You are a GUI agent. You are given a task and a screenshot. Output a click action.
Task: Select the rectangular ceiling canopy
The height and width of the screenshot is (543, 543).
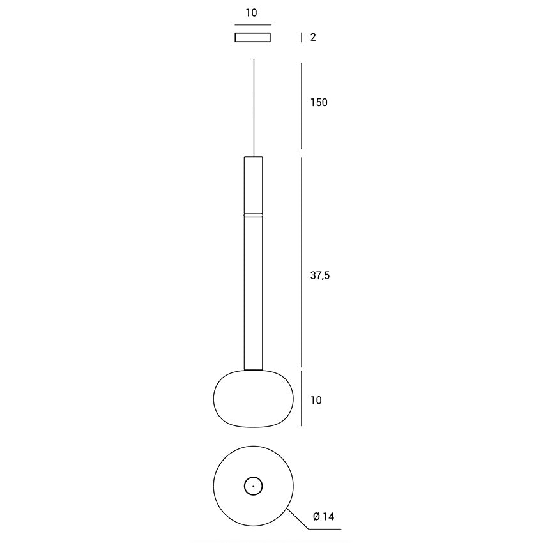click(x=253, y=37)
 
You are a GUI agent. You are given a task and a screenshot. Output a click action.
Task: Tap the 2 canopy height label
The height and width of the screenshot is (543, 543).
click(x=313, y=37)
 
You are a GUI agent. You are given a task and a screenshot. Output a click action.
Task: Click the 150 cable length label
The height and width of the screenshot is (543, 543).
click(x=319, y=102)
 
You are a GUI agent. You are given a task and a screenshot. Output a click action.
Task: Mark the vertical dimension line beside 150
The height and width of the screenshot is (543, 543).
click(x=302, y=105)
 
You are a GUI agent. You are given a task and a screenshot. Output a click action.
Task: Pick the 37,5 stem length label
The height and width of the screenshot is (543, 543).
click(x=320, y=275)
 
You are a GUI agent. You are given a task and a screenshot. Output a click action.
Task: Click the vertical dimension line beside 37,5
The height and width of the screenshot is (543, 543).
click(x=302, y=262)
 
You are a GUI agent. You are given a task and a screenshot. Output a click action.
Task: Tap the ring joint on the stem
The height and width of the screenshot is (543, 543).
click(x=254, y=214)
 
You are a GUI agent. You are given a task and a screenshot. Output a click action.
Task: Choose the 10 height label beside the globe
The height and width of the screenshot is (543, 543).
click(x=316, y=401)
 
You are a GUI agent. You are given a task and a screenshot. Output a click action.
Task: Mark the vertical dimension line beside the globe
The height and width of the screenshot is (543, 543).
click(x=302, y=398)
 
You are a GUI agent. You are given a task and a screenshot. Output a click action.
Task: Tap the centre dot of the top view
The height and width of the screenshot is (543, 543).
click(x=254, y=486)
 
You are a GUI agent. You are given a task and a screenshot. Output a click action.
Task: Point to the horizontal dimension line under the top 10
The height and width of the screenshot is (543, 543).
click(x=253, y=24)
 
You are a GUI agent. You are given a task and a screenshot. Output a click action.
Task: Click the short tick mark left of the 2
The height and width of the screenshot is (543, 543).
click(x=302, y=37)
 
